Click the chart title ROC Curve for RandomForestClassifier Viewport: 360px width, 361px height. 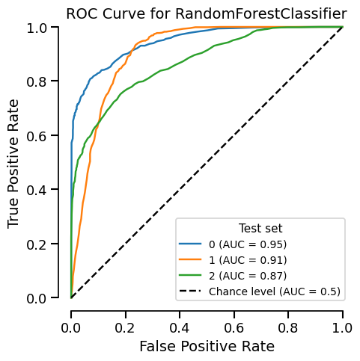206,13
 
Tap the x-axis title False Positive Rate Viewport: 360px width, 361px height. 206,346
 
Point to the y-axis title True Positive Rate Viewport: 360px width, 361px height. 13,163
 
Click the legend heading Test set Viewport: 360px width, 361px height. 260,228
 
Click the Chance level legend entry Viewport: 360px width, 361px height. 275,291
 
